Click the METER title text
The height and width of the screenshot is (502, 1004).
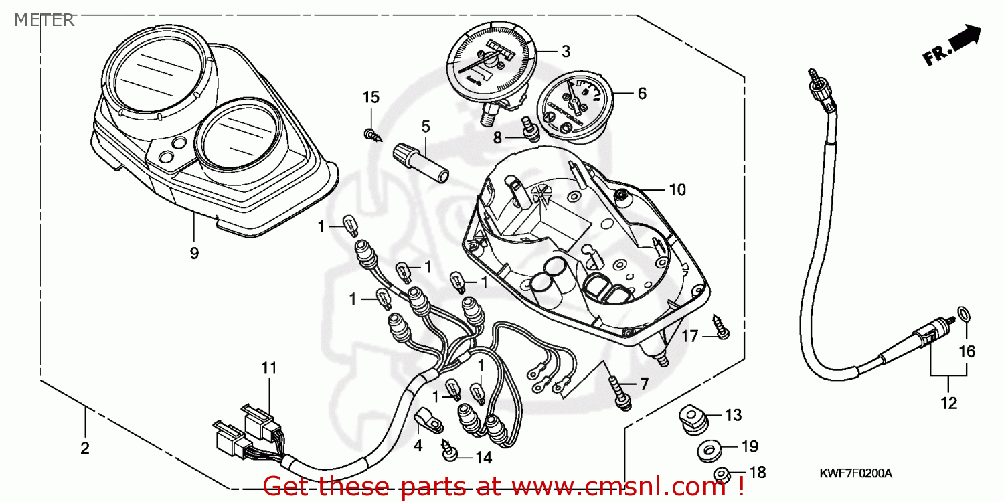44,20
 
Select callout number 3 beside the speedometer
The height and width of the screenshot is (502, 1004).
566,51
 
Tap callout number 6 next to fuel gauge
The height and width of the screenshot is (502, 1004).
642,94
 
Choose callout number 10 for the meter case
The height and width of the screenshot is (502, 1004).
677,190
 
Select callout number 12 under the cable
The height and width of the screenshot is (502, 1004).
949,403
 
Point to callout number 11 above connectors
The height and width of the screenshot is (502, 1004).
268,367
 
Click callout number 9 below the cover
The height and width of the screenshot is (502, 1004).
194,253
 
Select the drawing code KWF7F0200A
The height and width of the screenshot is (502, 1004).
856,473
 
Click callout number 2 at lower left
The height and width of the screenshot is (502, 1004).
84,448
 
